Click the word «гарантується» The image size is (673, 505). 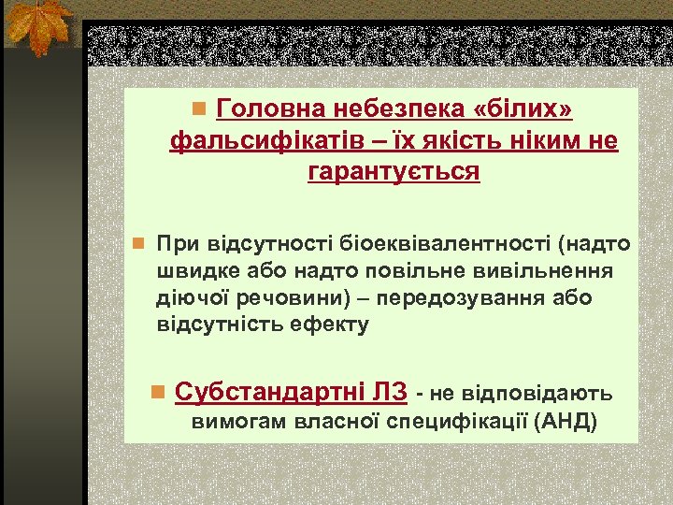[394, 173]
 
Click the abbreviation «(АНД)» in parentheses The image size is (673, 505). [566, 422]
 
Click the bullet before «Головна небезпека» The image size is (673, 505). [198, 111]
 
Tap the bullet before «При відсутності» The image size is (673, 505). [137, 245]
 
